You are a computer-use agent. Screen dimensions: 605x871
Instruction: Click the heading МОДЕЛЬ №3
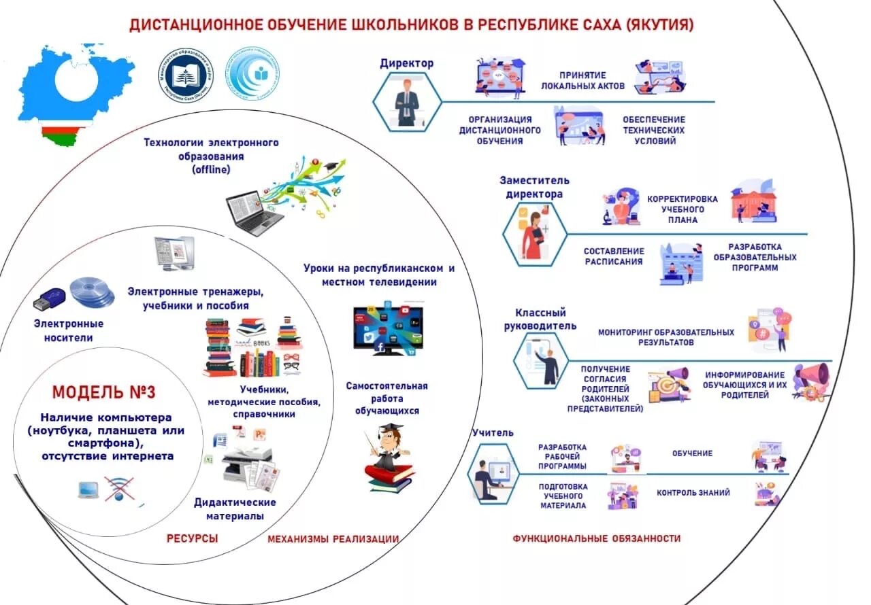[104, 392]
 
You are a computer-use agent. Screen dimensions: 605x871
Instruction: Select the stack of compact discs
[91, 292]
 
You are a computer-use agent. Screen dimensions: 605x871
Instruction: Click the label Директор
[406, 63]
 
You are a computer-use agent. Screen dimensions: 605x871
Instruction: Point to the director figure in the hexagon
[407, 103]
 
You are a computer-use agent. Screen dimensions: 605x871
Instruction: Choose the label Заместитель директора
[534, 187]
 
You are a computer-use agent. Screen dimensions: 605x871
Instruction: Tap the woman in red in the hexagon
[533, 235]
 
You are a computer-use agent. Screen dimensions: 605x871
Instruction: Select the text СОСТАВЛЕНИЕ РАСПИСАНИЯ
[613, 256]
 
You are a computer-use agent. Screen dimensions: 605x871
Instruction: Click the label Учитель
[493, 433]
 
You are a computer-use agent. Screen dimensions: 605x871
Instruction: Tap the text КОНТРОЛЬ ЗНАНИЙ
[693, 493]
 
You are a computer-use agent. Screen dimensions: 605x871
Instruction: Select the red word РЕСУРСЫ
[193, 538]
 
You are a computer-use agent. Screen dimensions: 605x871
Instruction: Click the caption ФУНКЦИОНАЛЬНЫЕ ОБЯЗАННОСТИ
[596, 538]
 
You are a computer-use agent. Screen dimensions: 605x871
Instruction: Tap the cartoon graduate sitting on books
[390, 455]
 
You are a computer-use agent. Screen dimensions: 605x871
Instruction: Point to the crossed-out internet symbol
[120, 489]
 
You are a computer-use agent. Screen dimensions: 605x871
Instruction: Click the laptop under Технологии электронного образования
[254, 212]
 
